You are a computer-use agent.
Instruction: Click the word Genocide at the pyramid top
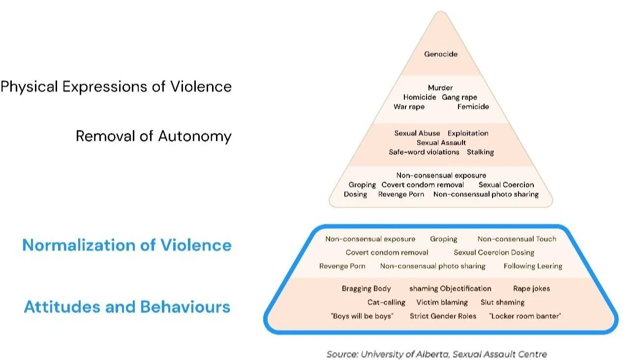coord(441,54)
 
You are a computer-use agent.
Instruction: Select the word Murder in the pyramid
coord(440,88)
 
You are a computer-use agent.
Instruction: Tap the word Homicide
coord(420,97)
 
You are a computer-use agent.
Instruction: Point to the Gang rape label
coord(460,97)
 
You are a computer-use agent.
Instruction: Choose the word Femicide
coord(473,107)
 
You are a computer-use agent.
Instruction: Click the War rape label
coord(409,107)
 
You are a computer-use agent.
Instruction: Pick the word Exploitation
coord(468,133)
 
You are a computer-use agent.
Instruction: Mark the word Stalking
coord(480,152)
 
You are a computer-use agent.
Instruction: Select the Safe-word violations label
coord(424,152)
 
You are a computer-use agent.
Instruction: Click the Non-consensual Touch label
coord(517,239)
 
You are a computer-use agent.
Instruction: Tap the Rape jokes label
coord(532,289)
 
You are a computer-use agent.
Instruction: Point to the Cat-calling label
coord(386,302)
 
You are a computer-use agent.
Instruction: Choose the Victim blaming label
coord(442,302)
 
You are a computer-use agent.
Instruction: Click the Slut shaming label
coord(502,302)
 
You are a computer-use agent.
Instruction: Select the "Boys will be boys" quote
coord(362,316)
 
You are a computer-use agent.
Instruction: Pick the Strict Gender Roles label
coord(443,316)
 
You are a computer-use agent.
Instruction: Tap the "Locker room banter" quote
coord(525,316)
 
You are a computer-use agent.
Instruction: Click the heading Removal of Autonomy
coord(153,136)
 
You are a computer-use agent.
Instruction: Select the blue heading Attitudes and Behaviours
coord(127,307)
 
